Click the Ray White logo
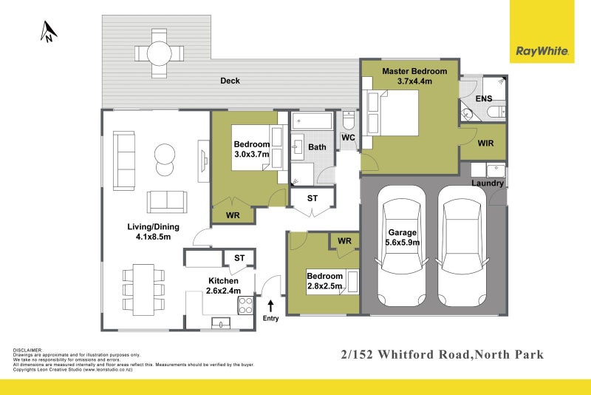pos(542,51)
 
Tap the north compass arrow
pos(49,31)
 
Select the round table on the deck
pos(159,53)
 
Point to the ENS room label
pos(484,98)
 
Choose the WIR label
pos(486,143)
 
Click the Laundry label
pos(488,183)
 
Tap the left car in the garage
pos(400,249)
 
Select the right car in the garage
pos(462,249)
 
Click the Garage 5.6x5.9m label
pos(403,237)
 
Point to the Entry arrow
pos(271,304)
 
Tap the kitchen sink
pos(221,323)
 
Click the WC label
pos(349,138)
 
